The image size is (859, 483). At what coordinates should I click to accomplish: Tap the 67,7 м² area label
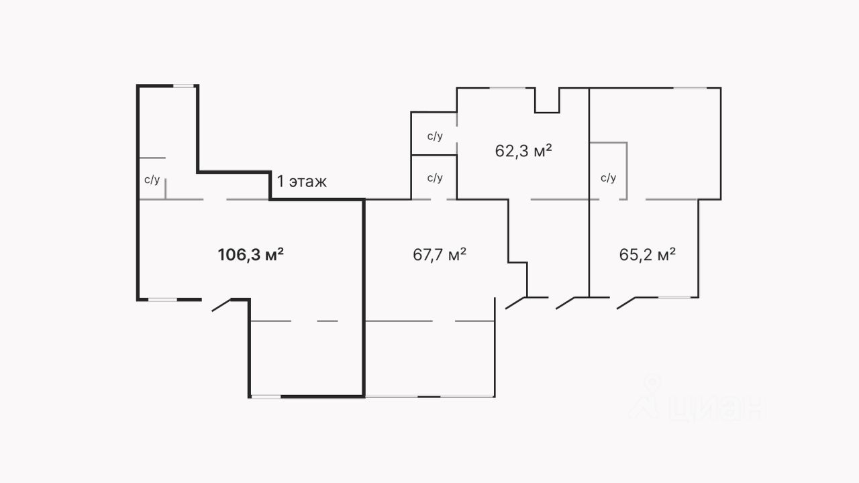(440, 255)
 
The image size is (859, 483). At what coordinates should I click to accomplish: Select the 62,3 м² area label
(523, 150)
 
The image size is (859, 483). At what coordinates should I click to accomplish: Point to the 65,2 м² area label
(647, 255)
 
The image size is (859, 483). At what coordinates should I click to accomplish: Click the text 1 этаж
(302, 181)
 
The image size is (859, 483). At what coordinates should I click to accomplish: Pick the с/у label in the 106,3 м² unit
(152, 180)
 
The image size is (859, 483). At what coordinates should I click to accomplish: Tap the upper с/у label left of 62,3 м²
(435, 136)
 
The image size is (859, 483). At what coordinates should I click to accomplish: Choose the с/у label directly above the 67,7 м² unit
(435, 178)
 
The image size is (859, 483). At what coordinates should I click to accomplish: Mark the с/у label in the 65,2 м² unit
(608, 178)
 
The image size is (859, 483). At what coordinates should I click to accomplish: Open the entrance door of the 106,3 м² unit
(222, 305)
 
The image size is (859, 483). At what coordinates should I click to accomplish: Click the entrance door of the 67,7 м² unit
(515, 303)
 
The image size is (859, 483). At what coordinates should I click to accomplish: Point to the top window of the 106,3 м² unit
(184, 86)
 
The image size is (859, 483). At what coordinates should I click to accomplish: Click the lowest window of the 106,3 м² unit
(265, 396)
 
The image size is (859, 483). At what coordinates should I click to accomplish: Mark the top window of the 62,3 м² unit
(507, 88)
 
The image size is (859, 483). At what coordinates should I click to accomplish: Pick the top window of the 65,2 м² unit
(690, 88)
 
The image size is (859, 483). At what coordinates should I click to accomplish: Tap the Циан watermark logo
(698, 402)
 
